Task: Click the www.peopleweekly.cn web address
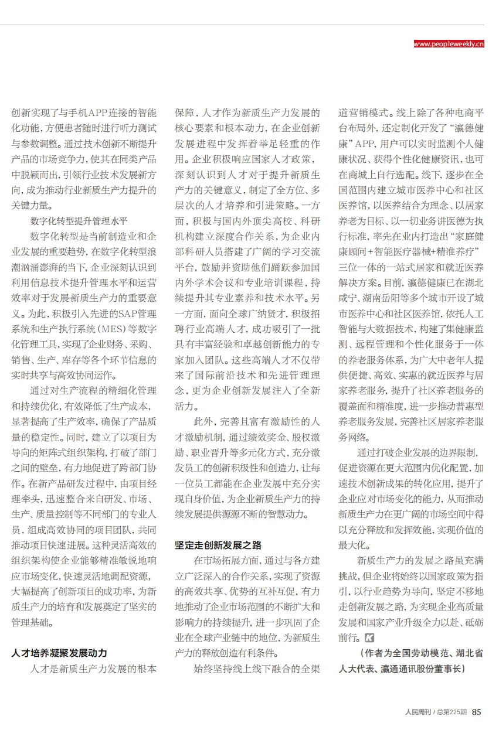point(449,44)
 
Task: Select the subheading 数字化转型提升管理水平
point(79,221)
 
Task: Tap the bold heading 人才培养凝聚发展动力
point(59,653)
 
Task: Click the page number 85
point(477,712)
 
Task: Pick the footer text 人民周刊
point(418,712)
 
